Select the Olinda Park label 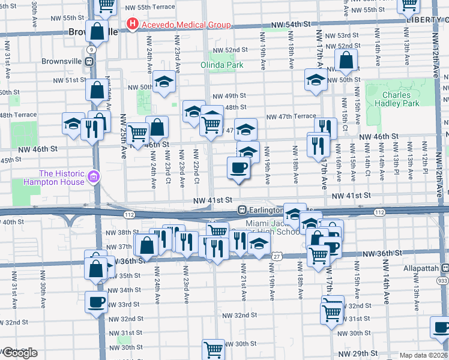(x=222, y=65)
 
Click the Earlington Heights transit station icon (x=242, y=210)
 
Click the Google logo (x=19, y=353)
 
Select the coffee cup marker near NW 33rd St (x=96, y=302)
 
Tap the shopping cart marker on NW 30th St (x=213, y=349)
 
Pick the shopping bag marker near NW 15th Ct (x=346, y=60)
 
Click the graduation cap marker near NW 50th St (x=163, y=82)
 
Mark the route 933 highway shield (x=443, y=280)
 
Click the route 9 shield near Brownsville (x=90, y=50)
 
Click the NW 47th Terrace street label (x=291, y=116)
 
